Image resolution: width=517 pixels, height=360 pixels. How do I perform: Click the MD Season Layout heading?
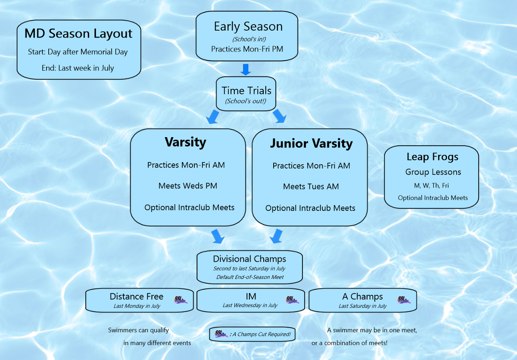(78, 34)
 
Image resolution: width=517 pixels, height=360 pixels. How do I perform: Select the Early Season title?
(248, 26)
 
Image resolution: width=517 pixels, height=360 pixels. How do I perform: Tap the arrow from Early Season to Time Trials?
(246, 69)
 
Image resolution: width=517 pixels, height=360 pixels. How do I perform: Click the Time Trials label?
(246, 91)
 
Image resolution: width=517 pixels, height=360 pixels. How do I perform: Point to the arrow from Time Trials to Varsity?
(213, 116)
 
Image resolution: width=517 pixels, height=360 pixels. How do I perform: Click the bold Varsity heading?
(185, 142)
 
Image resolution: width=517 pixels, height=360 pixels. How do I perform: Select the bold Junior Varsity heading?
(311, 144)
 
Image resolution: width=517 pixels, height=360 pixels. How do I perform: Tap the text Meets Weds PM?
(188, 186)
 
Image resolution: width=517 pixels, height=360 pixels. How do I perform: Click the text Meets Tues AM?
(311, 187)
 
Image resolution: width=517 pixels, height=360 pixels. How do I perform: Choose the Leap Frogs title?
(433, 157)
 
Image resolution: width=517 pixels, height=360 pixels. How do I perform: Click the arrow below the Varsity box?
(218, 236)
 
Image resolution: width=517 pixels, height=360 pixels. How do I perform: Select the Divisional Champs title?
(249, 259)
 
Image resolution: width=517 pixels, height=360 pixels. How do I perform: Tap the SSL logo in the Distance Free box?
(181, 299)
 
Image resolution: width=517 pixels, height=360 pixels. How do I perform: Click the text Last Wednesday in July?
(250, 305)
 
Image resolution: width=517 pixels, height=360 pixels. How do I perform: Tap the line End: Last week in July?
(71, 68)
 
